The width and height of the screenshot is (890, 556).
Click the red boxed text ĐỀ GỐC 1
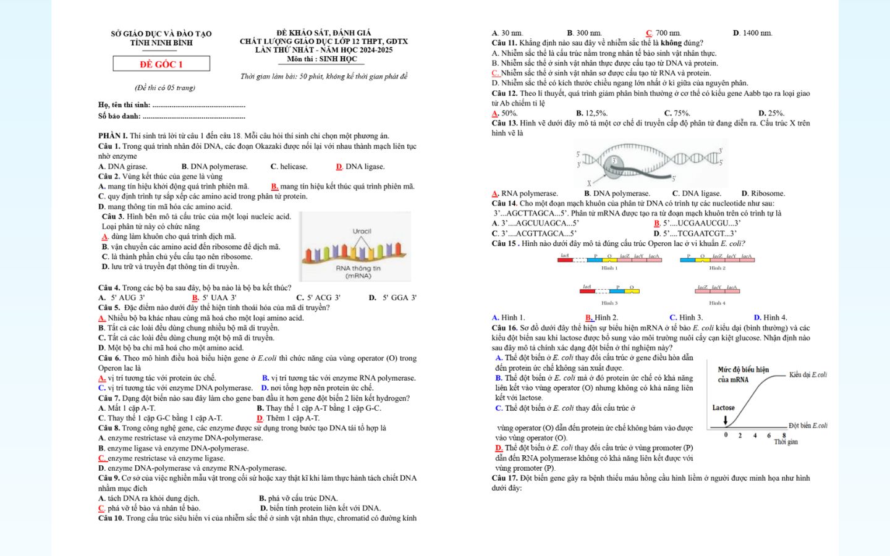pyautogui.click(x=161, y=64)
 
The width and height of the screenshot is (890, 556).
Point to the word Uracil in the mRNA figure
pyautogui.click(x=362, y=231)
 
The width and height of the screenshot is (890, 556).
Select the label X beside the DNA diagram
pyautogui.click(x=589, y=183)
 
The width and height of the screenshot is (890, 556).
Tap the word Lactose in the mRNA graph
pyautogui.click(x=723, y=408)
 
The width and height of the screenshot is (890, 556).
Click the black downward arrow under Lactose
pyautogui.click(x=726, y=421)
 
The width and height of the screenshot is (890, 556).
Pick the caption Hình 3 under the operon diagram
pyautogui.click(x=609, y=303)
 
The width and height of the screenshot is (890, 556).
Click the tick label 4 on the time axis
pyautogui.click(x=755, y=436)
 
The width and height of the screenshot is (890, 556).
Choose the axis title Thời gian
pyautogui.click(x=786, y=442)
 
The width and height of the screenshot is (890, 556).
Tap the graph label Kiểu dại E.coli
pyautogui.click(x=808, y=375)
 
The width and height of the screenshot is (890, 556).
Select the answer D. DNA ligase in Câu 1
pyautogui.click(x=360, y=167)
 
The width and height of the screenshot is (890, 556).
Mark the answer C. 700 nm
pyautogui.click(x=664, y=33)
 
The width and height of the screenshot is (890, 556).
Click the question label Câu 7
pyautogui.click(x=109, y=398)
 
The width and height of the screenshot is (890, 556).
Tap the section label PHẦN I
pyautogui.click(x=112, y=136)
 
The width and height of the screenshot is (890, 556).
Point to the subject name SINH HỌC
pyautogui.click(x=338, y=59)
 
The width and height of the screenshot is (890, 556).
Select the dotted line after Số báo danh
pyautogui.click(x=193, y=117)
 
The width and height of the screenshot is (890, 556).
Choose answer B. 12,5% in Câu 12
pyautogui.click(x=591, y=113)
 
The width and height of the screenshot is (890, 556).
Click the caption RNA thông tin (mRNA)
pyautogui.click(x=358, y=272)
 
